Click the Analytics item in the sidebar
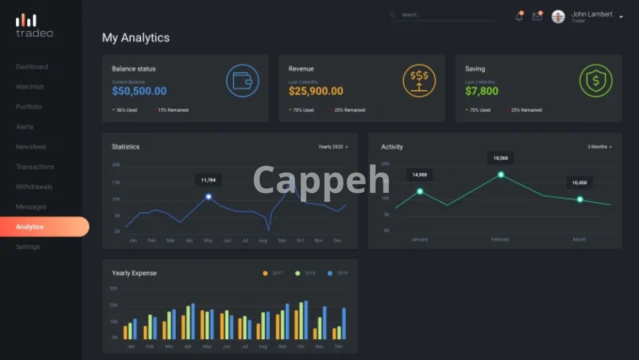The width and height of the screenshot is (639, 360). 30,227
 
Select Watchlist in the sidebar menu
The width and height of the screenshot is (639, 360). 30,87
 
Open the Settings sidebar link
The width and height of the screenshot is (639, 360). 28,247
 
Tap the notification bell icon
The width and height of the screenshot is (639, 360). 519,16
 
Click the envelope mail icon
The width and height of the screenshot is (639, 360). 537,16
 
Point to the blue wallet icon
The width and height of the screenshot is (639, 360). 243,81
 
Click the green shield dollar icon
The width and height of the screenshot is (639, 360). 596,81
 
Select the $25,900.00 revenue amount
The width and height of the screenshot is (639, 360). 316,91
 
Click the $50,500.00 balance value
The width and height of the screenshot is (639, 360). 139,91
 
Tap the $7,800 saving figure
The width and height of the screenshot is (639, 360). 482,91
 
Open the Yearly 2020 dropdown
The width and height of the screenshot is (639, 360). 333,147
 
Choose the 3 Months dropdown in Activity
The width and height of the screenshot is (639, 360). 599,147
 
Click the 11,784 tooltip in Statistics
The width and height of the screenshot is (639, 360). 208,180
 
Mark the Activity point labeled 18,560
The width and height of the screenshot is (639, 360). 501,175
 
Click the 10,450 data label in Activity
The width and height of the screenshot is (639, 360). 579,183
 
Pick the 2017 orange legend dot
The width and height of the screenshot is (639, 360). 265,273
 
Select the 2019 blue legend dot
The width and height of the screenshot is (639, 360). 330,273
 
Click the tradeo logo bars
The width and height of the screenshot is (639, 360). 26,20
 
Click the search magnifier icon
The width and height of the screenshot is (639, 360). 393,14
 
